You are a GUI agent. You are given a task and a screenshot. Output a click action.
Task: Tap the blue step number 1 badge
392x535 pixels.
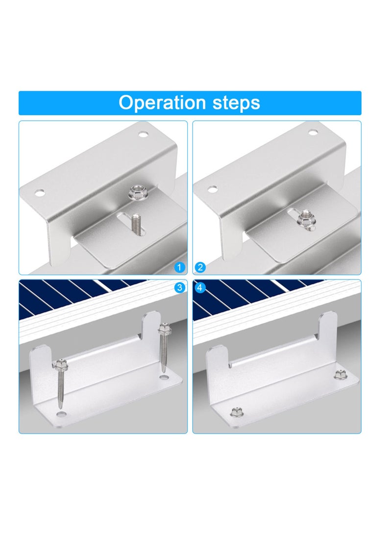[x=180, y=267]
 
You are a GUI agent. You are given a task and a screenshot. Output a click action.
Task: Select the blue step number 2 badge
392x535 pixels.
[x=200, y=267]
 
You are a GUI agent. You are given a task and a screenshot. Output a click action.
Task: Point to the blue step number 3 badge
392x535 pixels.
[x=180, y=287]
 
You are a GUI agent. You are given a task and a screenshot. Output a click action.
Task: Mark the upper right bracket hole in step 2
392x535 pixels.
[x=313, y=131]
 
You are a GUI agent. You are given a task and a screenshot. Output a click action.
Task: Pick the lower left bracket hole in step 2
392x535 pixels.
[x=212, y=189]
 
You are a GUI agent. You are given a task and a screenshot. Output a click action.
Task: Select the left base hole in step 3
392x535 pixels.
[x=61, y=415]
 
